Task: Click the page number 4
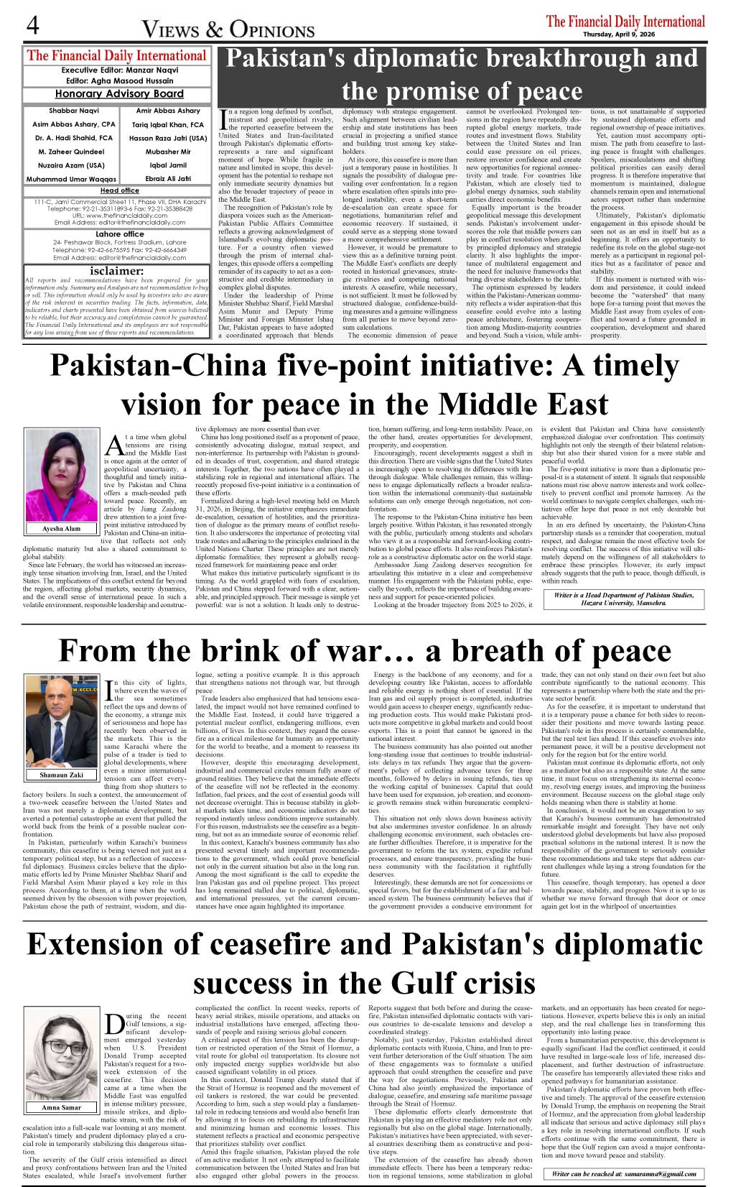point(32,26)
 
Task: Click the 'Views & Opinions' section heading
point(228,29)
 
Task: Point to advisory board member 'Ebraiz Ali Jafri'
point(168,179)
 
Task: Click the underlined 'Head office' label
point(119,190)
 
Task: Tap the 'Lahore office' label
point(119,234)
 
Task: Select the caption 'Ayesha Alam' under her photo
point(62,528)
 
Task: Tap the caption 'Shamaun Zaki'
point(62,775)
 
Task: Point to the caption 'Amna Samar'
point(62,1107)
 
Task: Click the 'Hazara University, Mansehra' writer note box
point(623,599)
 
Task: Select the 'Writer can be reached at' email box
point(623,1173)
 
